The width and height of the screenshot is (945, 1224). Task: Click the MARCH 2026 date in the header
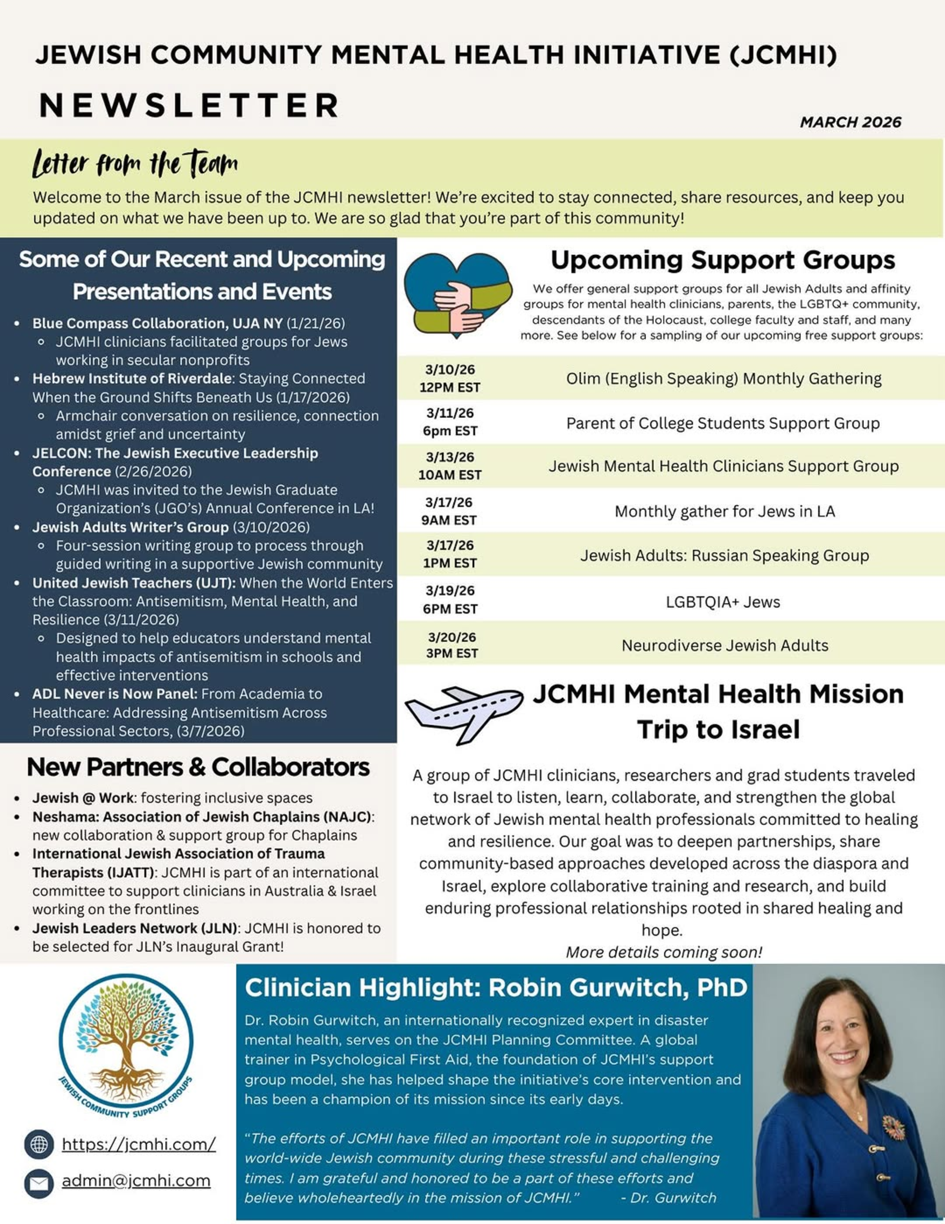click(850, 122)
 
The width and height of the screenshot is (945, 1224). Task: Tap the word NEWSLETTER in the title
click(189, 105)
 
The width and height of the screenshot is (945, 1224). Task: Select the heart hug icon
click(458, 294)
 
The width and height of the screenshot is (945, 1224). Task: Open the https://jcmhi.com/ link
click(138, 1144)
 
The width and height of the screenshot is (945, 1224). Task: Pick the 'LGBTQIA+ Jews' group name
click(723, 602)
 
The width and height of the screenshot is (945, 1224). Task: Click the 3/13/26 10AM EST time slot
click(450, 466)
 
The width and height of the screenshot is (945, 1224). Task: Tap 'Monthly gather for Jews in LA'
click(725, 511)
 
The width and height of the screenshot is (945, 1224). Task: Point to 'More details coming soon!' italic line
click(664, 952)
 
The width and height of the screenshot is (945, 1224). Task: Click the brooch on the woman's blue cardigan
click(893, 1128)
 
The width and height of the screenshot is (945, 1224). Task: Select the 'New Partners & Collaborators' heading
click(198, 766)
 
